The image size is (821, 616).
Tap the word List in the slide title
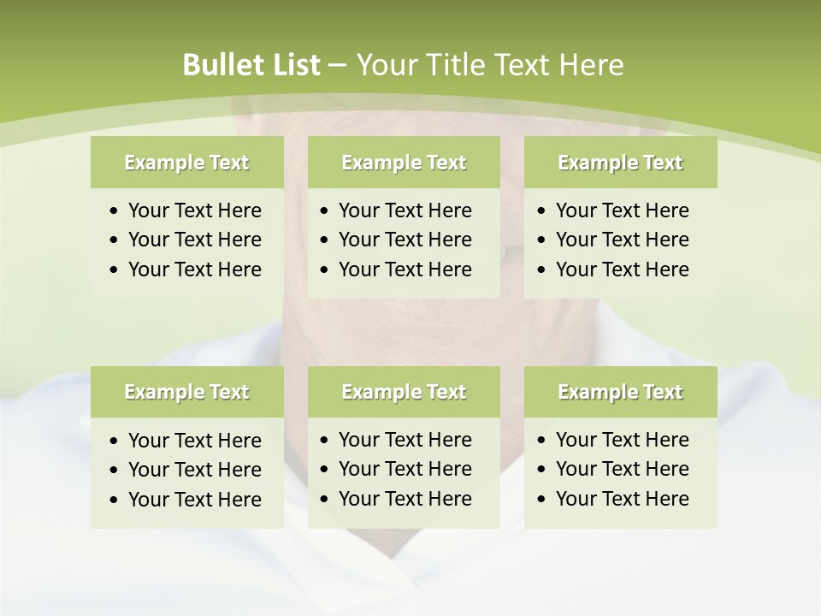[x=293, y=65]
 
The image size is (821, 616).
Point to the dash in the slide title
[x=337, y=66]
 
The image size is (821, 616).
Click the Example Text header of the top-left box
[x=186, y=163]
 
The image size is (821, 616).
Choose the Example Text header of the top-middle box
[x=404, y=163]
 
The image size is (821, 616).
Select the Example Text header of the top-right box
[x=620, y=163]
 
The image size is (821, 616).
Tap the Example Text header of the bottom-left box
[x=186, y=392]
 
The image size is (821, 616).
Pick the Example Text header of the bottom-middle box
[x=404, y=392]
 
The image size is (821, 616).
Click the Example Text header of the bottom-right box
[x=620, y=392]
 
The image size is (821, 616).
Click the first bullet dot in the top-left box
[x=115, y=211]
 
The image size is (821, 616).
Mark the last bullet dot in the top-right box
[x=542, y=270]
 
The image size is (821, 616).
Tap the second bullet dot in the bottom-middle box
[x=325, y=470]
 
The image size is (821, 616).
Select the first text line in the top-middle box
[x=405, y=210]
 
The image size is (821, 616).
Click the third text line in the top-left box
[x=194, y=269]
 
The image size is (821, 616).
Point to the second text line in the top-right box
[x=622, y=240]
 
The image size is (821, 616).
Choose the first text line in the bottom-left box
[x=194, y=441]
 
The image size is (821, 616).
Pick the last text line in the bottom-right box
[x=622, y=499]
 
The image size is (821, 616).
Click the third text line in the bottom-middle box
[x=405, y=499]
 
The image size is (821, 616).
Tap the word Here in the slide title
[x=591, y=65]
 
